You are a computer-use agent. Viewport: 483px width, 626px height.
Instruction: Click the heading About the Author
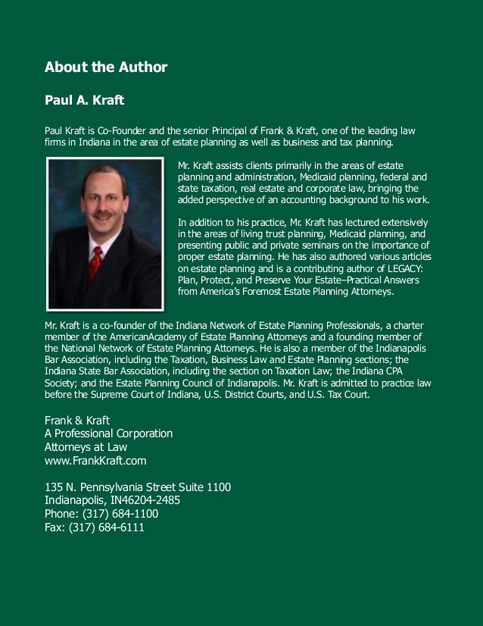[x=106, y=67]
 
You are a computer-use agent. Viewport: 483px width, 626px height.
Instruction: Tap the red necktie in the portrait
[x=95, y=261]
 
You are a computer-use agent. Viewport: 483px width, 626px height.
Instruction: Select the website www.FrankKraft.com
[x=95, y=460]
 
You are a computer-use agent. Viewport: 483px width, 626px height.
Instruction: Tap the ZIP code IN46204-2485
[x=145, y=500]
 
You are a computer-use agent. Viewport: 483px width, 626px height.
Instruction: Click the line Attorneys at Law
[x=86, y=447]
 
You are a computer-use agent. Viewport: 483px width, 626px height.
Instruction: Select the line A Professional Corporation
[x=109, y=434]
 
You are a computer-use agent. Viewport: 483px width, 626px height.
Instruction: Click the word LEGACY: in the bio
[x=407, y=268]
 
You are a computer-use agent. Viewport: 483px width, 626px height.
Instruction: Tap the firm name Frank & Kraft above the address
[x=78, y=420]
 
